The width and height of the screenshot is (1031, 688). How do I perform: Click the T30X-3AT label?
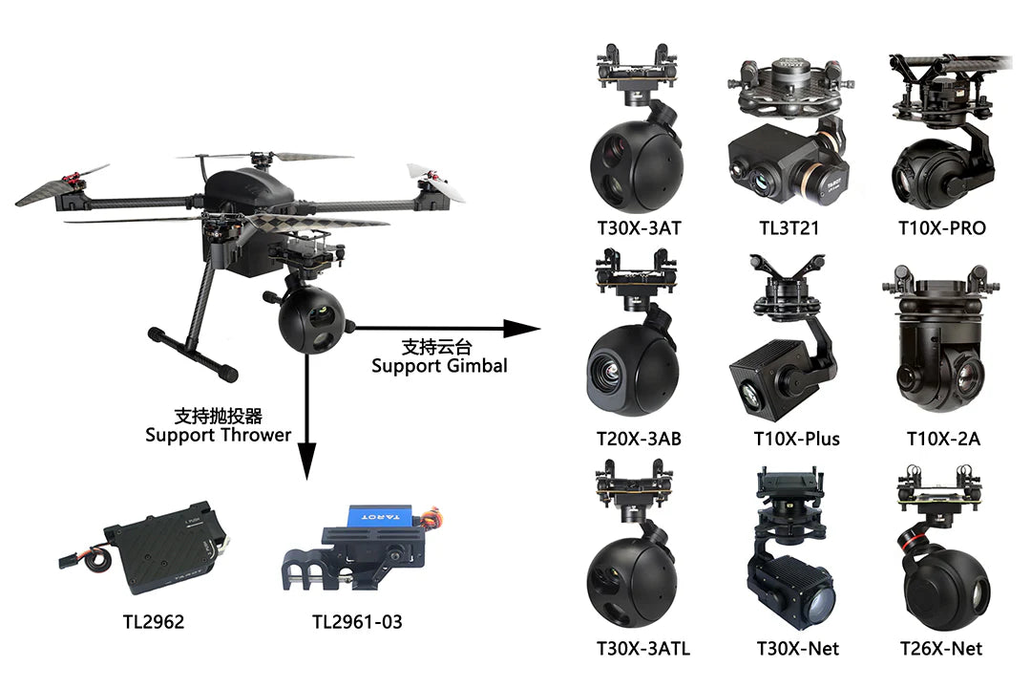[638, 228]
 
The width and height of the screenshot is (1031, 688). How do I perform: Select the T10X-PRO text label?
[942, 228]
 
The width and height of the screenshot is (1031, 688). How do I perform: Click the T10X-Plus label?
[796, 440]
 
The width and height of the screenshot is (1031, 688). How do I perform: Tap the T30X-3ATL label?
[642, 649]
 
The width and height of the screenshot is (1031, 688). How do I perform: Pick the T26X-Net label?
[941, 649]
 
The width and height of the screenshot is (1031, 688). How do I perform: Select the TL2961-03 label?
[357, 622]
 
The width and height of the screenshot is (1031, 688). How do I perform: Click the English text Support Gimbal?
[439, 365]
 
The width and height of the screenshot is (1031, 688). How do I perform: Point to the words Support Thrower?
[218, 435]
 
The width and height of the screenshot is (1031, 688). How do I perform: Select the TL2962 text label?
[153, 622]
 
